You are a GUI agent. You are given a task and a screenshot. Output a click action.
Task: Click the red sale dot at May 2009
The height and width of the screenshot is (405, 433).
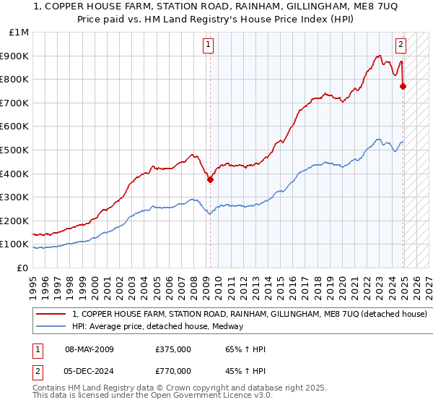pyautogui.click(x=210, y=180)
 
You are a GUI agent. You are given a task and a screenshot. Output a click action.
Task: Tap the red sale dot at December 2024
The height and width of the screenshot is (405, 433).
pyautogui.click(x=403, y=87)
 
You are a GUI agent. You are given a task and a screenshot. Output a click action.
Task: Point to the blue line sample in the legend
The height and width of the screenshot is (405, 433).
pyautogui.click(x=51, y=326)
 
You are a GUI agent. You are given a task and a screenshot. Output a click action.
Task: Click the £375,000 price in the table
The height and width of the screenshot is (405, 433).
pyautogui.click(x=173, y=349)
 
